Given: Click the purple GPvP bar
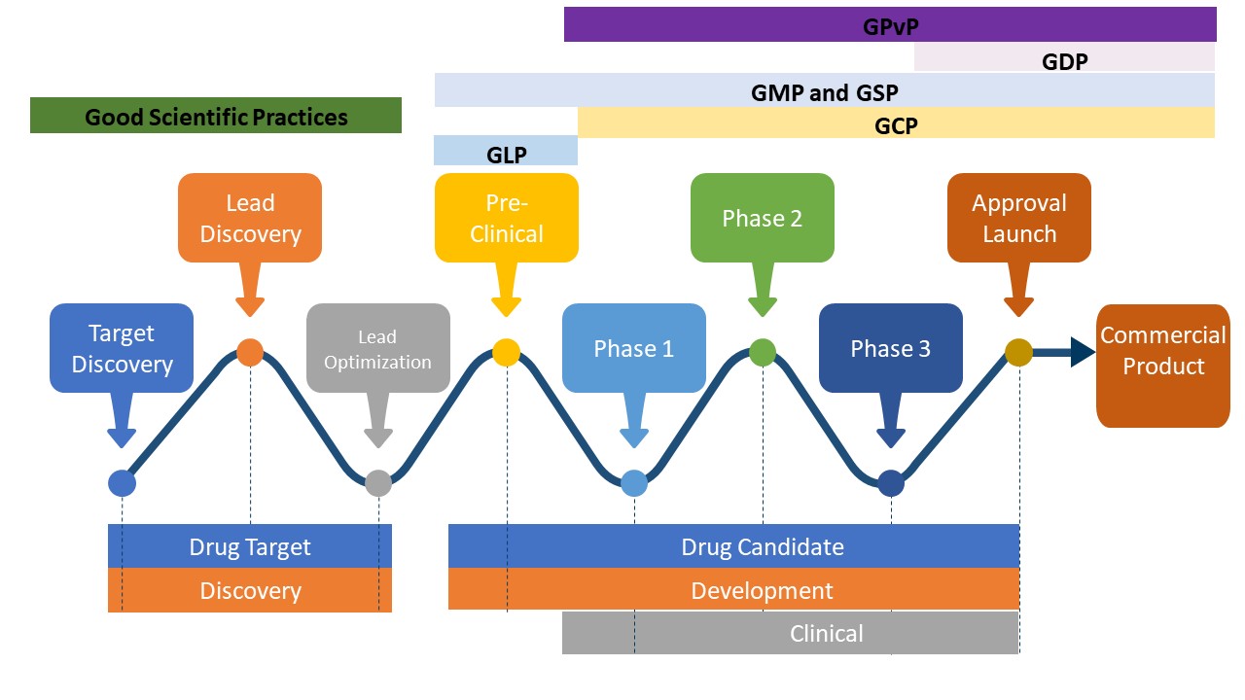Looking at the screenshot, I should (x=890, y=25).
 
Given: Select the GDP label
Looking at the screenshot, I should (x=1064, y=60).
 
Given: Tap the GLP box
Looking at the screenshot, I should (x=506, y=153).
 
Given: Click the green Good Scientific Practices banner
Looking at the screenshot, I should (x=216, y=117).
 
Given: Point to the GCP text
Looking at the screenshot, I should (x=896, y=124).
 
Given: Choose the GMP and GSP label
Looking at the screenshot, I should (x=824, y=92).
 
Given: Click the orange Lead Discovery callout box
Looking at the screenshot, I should (x=250, y=218).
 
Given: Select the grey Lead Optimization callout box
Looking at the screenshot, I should (x=377, y=349).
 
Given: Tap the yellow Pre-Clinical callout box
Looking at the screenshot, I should (x=506, y=218).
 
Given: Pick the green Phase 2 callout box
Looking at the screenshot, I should (x=763, y=218).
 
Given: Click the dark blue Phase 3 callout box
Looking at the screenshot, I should (x=891, y=348).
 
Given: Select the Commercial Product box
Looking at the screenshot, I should (x=1163, y=366).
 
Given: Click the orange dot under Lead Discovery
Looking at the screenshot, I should (x=250, y=352).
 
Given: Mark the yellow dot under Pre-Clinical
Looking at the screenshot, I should (x=506, y=352).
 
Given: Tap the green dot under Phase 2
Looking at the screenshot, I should (x=763, y=352).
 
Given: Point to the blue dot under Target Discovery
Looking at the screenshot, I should (x=122, y=482).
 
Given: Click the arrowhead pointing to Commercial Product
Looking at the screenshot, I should (x=1082, y=352).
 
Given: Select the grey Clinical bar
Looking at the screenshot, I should (x=791, y=634).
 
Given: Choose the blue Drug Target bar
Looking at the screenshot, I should (x=250, y=546).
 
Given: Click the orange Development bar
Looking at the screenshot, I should (x=733, y=590).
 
